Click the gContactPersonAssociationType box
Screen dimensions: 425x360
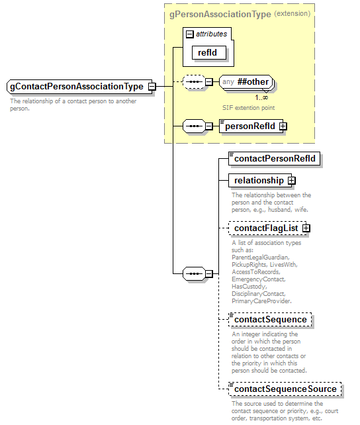click(x=77, y=87)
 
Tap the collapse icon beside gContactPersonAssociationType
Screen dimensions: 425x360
click(x=152, y=87)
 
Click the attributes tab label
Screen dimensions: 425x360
click(x=211, y=34)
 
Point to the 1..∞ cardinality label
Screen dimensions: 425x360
click(x=261, y=97)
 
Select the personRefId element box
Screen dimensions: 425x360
click(x=250, y=126)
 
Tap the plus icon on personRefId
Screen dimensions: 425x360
click(x=283, y=126)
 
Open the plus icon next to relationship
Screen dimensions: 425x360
click(x=291, y=180)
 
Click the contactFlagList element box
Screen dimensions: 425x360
click(x=266, y=228)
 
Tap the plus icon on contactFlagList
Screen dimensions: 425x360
click(x=306, y=228)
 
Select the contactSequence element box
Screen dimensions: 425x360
click(x=270, y=319)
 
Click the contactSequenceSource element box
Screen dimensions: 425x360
click(x=285, y=389)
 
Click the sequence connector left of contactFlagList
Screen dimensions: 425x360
click(x=193, y=273)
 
